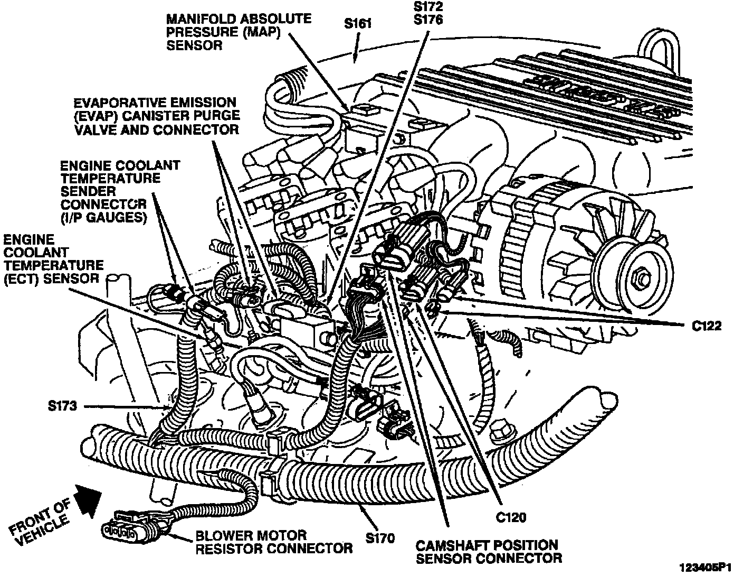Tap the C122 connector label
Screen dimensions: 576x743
707,326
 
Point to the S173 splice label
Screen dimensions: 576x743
62,406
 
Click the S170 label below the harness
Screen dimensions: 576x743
379,538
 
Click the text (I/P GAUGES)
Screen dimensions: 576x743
103,217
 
